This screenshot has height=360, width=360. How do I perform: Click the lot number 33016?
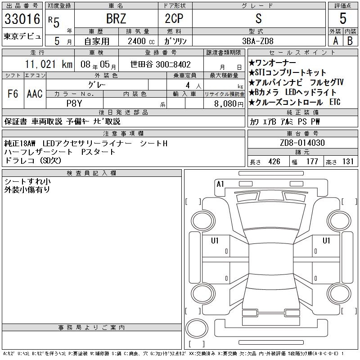click(x=22, y=19)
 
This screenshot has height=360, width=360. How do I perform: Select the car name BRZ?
click(x=116, y=18)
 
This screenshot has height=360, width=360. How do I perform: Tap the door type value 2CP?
click(x=174, y=18)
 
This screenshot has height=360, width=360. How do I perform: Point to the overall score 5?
click(x=343, y=18)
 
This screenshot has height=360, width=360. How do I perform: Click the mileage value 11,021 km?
click(x=49, y=64)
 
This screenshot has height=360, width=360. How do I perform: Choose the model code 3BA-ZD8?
click(x=258, y=41)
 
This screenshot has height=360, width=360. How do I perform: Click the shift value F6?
click(x=13, y=94)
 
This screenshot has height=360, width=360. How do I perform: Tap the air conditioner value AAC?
click(x=35, y=94)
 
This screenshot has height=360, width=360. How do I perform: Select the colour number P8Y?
click(x=74, y=103)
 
